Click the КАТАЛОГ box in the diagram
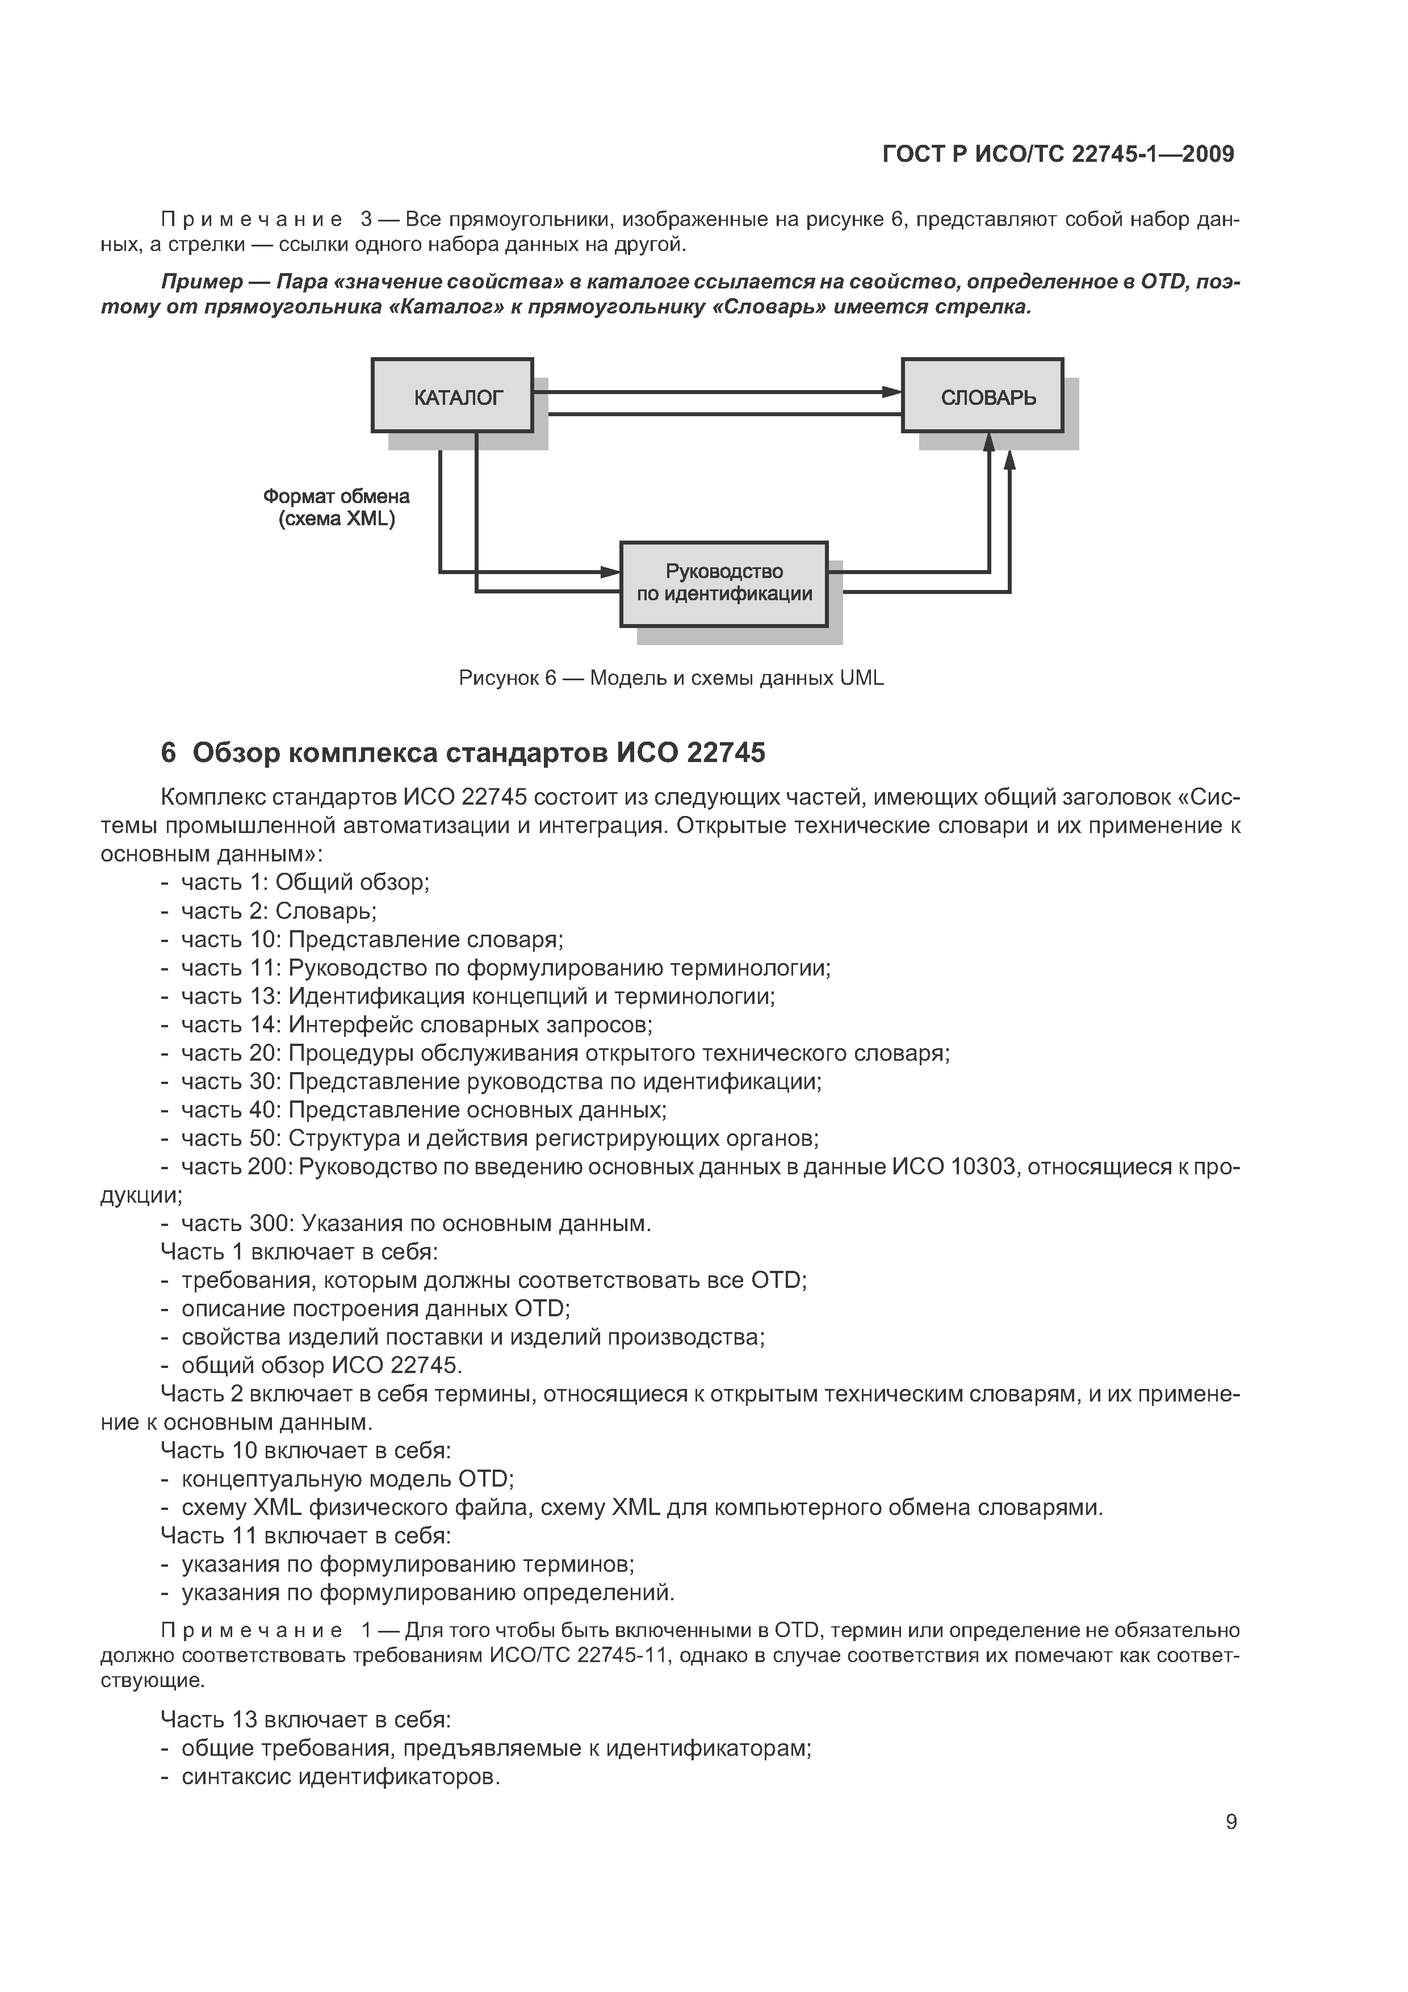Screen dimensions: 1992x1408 tap(452, 396)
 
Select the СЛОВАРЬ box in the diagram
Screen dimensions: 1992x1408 tap(982, 396)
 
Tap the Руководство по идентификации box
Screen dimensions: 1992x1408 tap(723, 583)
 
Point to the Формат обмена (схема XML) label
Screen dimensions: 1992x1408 tap(337, 508)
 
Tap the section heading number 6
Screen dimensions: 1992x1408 tap(168, 753)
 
